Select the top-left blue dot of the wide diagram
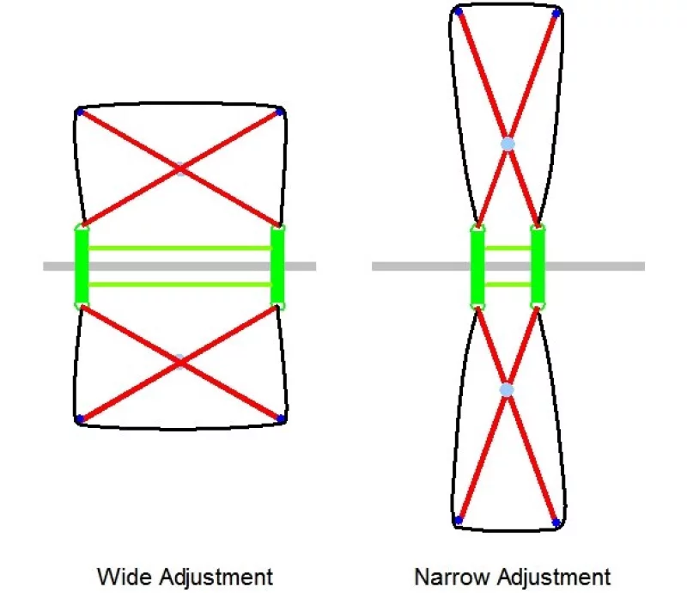pyautogui.click(x=80, y=112)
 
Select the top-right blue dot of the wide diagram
pyautogui.click(x=280, y=112)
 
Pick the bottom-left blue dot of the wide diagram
pyautogui.click(x=80, y=419)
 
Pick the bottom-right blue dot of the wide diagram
pyautogui.click(x=280, y=419)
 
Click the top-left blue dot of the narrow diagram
pyautogui.click(x=459, y=12)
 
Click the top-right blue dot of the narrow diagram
pyautogui.click(x=556, y=13)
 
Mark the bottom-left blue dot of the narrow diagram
pyautogui.click(x=459, y=520)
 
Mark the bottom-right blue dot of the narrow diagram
pyautogui.click(x=556, y=522)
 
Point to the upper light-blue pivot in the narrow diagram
pyautogui.click(x=508, y=144)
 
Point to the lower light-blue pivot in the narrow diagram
pyautogui.click(x=508, y=389)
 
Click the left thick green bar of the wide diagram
pyautogui.click(x=82, y=266)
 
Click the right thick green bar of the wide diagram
pyautogui.click(x=277, y=266)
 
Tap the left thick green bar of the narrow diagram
pyautogui.click(x=477, y=266)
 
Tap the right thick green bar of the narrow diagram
pyautogui.click(x=538, y=266)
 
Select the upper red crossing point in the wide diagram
pyautogui.click(x=179, y=168)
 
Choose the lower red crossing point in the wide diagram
pyautogui.click(x=179, y=362)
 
